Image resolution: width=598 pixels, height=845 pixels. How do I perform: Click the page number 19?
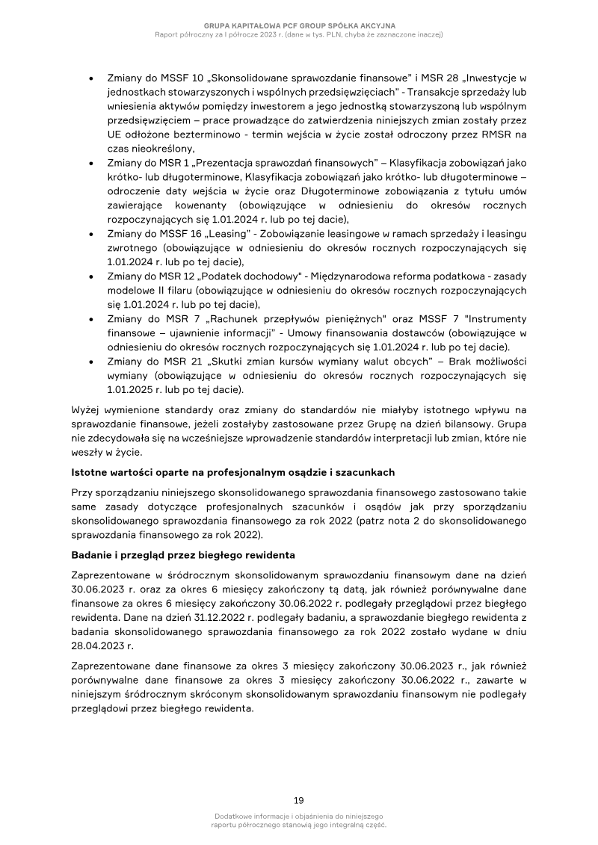click(298, 800)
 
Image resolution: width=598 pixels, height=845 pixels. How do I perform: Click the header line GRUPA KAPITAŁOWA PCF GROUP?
click(299, 25)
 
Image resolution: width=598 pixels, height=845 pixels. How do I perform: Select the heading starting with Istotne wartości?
click(232, 472)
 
